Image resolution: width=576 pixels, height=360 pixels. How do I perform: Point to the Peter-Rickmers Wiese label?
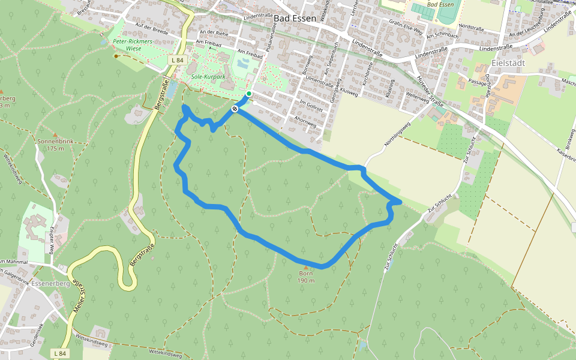133,46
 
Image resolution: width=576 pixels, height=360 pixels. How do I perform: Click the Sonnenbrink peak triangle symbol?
55,134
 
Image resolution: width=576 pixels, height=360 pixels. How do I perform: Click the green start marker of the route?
249,94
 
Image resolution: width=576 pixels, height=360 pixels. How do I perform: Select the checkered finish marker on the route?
235,109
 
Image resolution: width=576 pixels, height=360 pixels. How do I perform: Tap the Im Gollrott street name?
311,106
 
